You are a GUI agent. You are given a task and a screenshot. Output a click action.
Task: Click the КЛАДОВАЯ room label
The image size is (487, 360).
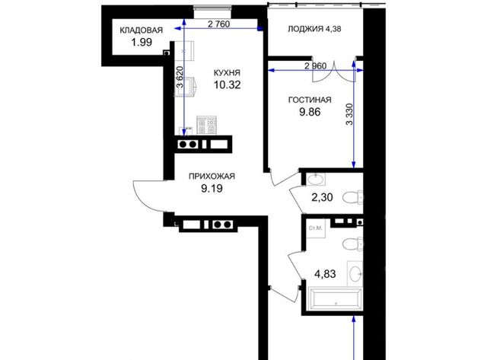141,30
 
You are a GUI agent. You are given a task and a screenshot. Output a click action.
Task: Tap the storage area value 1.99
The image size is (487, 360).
142,42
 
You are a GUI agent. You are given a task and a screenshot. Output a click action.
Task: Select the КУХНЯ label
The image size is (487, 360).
227,72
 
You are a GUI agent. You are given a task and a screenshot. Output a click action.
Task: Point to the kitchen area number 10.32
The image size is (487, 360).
227,84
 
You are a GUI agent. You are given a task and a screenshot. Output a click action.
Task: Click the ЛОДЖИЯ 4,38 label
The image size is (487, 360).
314,29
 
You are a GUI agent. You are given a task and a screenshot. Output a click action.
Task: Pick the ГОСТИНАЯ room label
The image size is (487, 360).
310,100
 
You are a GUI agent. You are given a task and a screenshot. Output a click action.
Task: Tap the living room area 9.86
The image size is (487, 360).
310,112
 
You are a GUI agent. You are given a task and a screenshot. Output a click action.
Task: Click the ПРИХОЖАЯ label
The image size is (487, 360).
212,177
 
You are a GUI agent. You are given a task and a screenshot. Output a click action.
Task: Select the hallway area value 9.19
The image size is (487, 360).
212,188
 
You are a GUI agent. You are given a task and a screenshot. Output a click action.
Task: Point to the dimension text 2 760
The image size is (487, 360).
218,24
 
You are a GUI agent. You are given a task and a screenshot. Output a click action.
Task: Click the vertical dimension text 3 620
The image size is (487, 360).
180,78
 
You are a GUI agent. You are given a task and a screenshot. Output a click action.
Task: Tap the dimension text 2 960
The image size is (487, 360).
316,66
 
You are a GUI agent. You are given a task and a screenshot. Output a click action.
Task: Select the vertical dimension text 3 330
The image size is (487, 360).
350,114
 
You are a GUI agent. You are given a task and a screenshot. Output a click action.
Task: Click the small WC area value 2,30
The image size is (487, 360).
322,197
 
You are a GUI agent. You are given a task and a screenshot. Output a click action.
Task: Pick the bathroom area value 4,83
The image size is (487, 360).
325,274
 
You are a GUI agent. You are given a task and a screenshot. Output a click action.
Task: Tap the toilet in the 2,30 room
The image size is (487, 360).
352,197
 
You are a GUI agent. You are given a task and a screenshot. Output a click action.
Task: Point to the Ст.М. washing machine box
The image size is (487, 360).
316,228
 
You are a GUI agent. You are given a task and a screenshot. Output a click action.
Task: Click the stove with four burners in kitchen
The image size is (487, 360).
206,125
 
